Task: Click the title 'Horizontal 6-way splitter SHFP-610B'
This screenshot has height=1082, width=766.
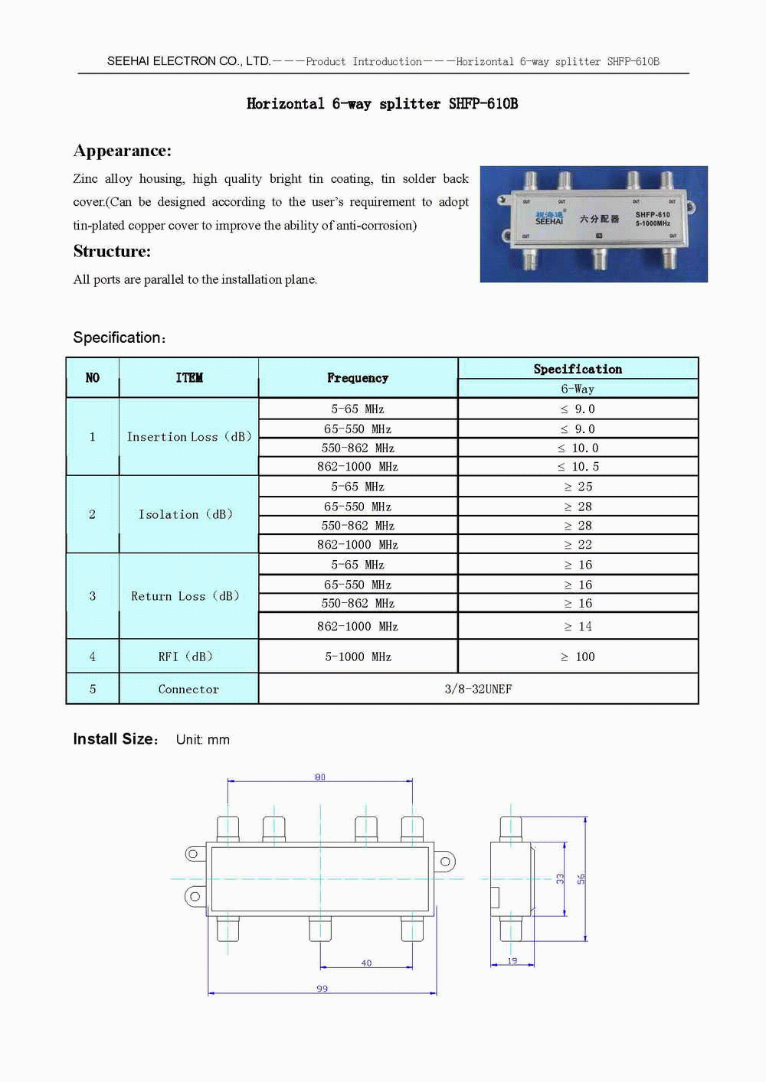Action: [382, 104]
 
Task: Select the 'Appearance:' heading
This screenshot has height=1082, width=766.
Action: [123, 151]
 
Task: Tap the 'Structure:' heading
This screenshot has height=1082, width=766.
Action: [112, 251]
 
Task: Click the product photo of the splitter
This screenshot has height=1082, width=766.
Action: [594, 224]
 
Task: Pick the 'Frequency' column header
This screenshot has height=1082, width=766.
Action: [358, 378]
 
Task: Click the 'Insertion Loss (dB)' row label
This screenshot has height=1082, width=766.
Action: [188, 437]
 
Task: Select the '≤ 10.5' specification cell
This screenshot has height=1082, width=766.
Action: [578, 467]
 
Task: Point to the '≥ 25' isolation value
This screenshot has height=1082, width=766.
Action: [578, 487]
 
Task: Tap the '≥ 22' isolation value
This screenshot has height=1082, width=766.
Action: [578, 545]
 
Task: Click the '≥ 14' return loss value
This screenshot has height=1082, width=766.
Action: [578, 627]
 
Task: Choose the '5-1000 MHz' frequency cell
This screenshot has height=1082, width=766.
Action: [358, 657]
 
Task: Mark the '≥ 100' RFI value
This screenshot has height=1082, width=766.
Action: [578, 657]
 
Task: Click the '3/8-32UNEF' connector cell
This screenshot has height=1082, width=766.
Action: [478, 689]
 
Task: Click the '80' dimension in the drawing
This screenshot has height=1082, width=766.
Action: [320, 777]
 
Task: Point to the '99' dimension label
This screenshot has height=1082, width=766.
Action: [322, 989]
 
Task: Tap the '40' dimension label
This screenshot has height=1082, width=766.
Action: [366, 963]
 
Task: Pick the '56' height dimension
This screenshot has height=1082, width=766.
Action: [581, 879]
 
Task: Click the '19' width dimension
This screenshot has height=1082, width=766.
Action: [512, 961]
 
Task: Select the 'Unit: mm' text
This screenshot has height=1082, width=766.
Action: [203, 740]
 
